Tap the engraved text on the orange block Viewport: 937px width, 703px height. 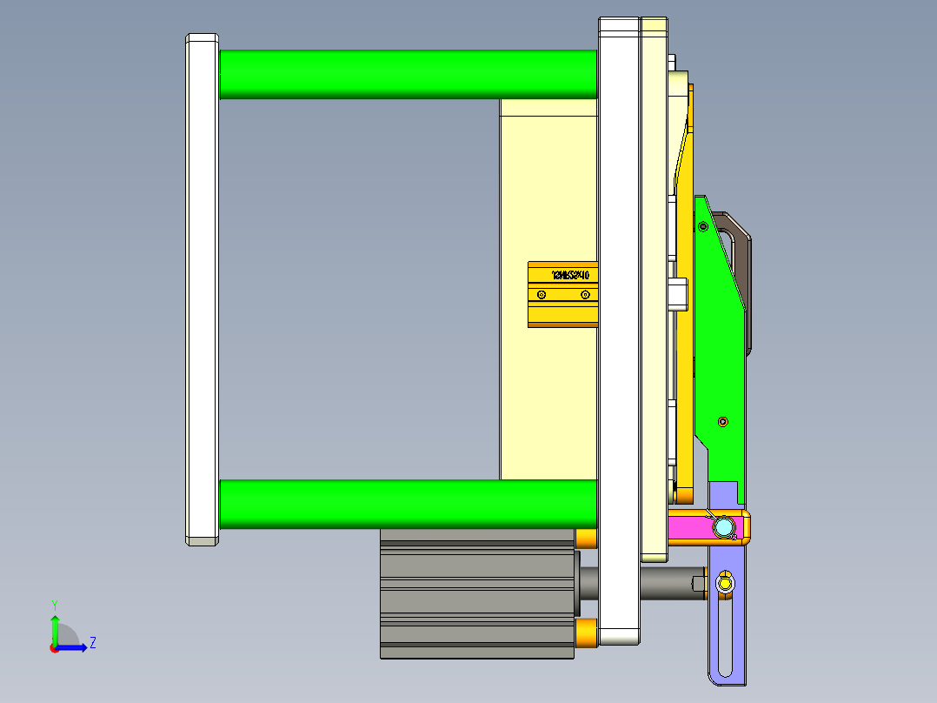pyautogui.click(x=570, y=275)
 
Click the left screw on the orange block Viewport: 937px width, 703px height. pyautogui.click(x=542, y=296)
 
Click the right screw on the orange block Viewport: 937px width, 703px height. pyautogui.click(x=585, y=296)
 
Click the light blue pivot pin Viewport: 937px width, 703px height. pyautogui.click(x=722, y=527)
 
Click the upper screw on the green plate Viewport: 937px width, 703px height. pyautogui.click(x=702, y=227)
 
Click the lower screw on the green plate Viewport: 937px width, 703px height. pyautogui.click(x=723, y=422)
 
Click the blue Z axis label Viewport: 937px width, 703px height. pyautogui.click(x=92, y=643)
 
